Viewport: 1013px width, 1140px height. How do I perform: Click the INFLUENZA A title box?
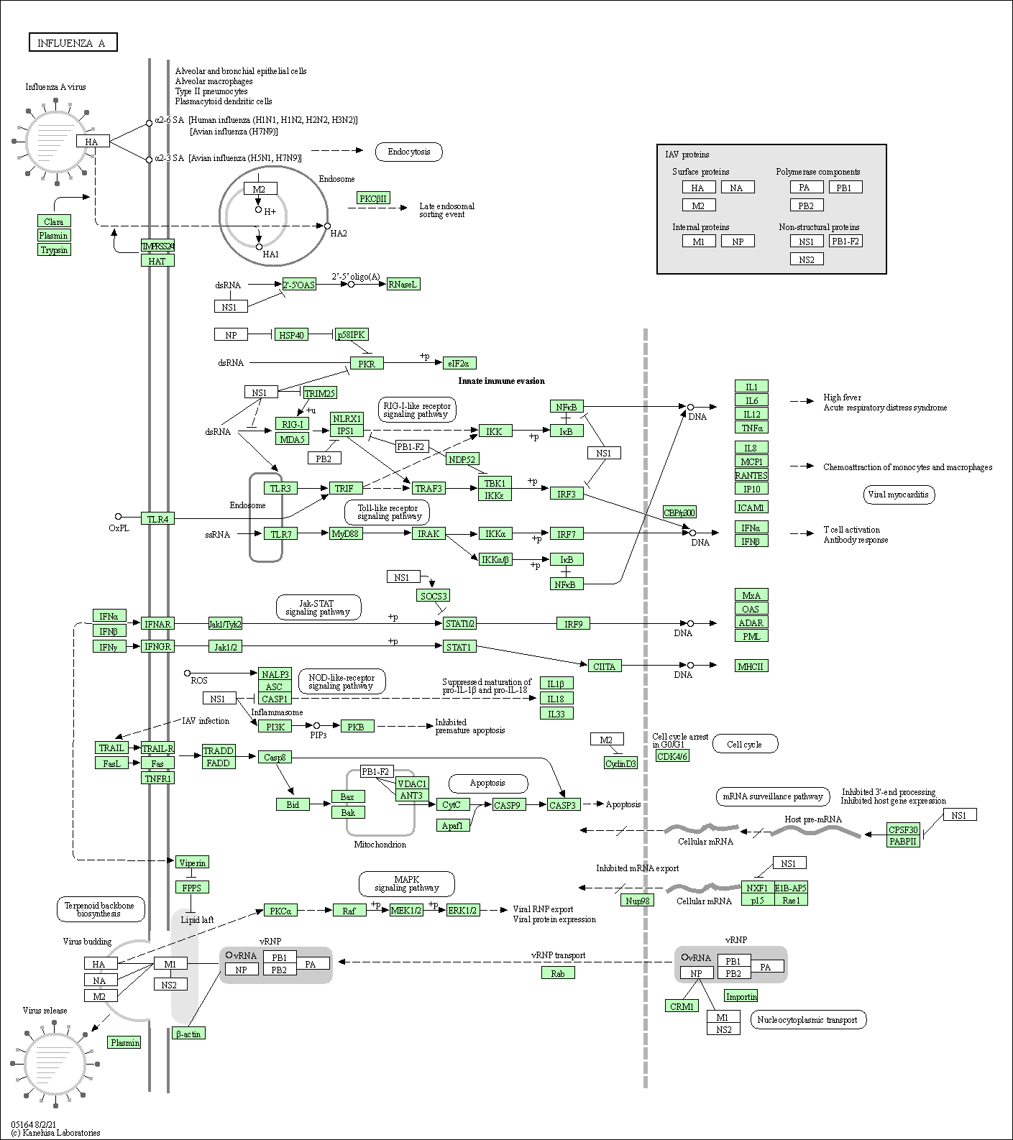(x=73, y=43)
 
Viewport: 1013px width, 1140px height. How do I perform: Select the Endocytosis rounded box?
(x=408, y=152)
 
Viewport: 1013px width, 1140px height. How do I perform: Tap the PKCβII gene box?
(x=374, y=198)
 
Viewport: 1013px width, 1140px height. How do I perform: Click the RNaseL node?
(x=403, y=285)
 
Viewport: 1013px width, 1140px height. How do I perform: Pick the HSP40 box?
(x=291, y=335)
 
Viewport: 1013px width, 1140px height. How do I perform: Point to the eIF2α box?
(x=459, y=364)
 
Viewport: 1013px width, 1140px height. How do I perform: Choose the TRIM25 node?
(x=320, y=393)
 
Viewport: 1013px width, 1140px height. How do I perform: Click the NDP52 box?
(x=462, y=459)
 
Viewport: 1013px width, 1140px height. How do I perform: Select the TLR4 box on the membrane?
(x=157, y=519)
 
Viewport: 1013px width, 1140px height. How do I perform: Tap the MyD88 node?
(x=346, y=533)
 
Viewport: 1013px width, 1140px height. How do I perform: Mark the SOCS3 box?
(x=433, y=596)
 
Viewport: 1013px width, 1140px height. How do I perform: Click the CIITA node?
(x=604, y=666)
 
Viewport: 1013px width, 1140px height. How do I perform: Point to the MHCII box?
(x=751, y=666)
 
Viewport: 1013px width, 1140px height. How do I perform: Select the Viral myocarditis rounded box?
(x=898, y=495)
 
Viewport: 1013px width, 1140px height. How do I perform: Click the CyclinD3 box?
(x=620, y=763)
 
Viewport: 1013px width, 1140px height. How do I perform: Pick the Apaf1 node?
(x=452, y=826)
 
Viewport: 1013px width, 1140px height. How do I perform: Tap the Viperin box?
(x=192, y=863)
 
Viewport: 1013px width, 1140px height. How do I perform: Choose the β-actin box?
(x=188, y=1034)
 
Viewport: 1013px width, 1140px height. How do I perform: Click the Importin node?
(x=741, y=996)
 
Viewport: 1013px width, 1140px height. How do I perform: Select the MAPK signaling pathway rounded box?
(x=406, y=883)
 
